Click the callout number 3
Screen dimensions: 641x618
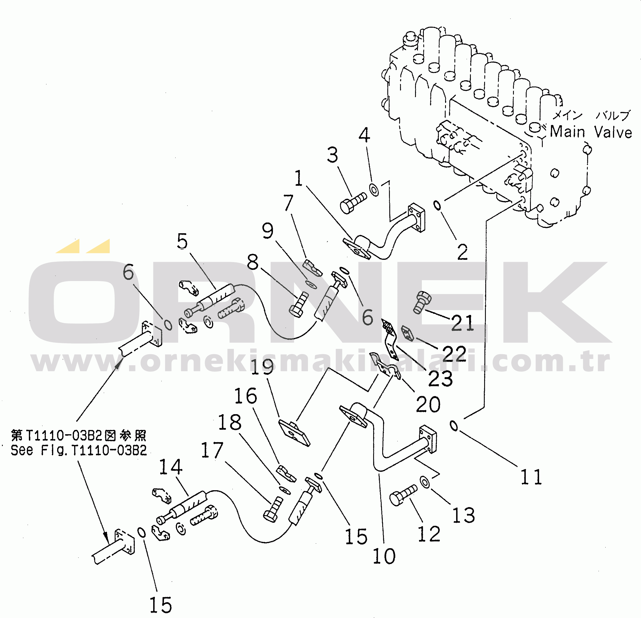pyautogui.click(x=333, y=155)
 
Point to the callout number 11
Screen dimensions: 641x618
pyautogui.click(x=531, y=477)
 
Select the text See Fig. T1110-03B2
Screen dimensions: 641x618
pyautogui.click(x=79, y=450)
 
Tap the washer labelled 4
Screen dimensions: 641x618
pyautogui.click(x=374, y=189)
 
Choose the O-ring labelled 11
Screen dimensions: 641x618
pyautogui.click(x=454, y=425)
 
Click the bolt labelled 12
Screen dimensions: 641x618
pyautogui.click(x=403, y=496)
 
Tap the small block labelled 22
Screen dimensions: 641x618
pyautogui.click(x=407, y=333)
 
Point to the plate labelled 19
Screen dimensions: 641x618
pyautogui.click(x=294, y=433)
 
